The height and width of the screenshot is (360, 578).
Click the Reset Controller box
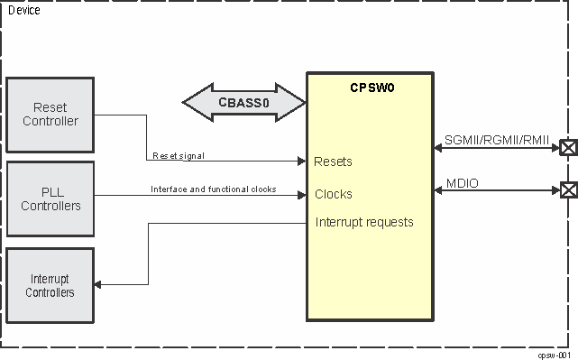(50, 115)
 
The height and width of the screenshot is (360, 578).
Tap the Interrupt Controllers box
(50, 285)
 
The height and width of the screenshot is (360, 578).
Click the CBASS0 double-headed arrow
(243, 102)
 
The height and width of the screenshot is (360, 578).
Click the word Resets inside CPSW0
(333, 162)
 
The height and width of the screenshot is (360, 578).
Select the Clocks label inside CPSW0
(334, 194)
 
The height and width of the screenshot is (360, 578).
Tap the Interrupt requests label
(364, 222)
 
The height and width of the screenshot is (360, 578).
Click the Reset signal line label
(179, 156)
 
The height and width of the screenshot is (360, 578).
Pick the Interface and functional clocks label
(213, 189)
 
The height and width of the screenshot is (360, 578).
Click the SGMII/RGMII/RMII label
(497, 140)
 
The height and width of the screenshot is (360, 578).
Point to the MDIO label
(463, 184)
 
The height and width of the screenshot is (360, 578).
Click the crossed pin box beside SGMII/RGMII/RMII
(568, 148)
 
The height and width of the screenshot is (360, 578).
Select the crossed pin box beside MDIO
(568, 190)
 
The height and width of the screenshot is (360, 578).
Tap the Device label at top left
(23, 10)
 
